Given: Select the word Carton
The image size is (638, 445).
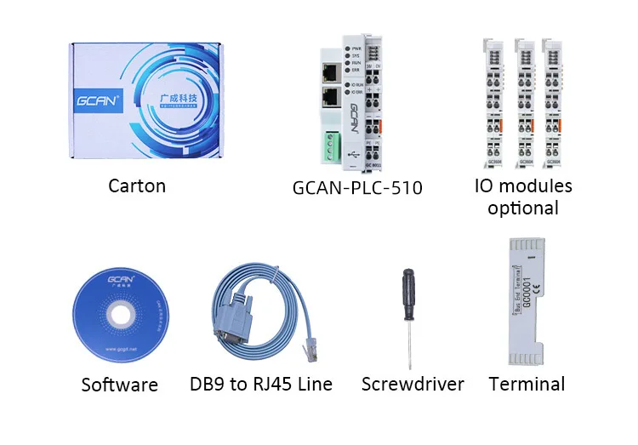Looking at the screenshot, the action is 137,185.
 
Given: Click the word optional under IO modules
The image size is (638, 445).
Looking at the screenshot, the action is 523,208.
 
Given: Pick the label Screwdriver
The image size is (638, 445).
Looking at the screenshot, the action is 413,385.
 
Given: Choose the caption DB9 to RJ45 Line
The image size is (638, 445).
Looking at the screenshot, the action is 260,385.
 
